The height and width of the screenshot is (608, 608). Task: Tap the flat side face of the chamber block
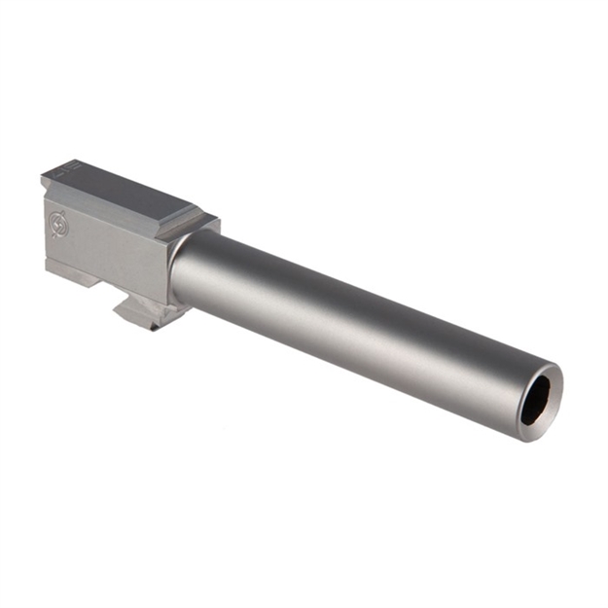coord(107,248)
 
